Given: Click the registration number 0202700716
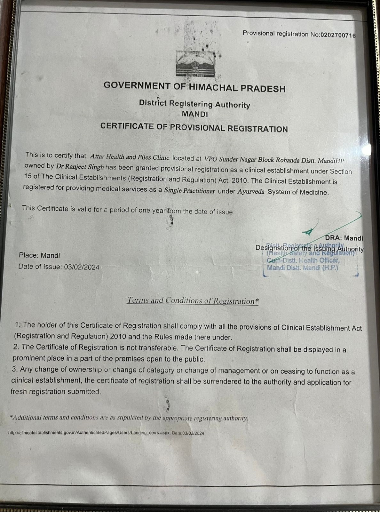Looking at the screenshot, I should [x=338, y=35].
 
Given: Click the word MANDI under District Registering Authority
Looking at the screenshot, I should [x=195, y=114].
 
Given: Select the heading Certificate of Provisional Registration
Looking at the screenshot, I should [x=194, y=127].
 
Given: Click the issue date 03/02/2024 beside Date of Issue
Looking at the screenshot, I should [x=82, y=267].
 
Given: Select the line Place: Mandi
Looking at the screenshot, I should [x=39, y=255].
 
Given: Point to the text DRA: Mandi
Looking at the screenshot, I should [x=344, y=238].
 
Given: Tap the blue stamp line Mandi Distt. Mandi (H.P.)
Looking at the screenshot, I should [x=302, y=268].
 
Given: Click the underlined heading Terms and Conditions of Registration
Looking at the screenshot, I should [x=193, y=300].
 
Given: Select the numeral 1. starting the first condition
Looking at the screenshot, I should [x=18, y=324].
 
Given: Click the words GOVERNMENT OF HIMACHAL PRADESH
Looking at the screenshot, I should [x=194, y=87].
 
